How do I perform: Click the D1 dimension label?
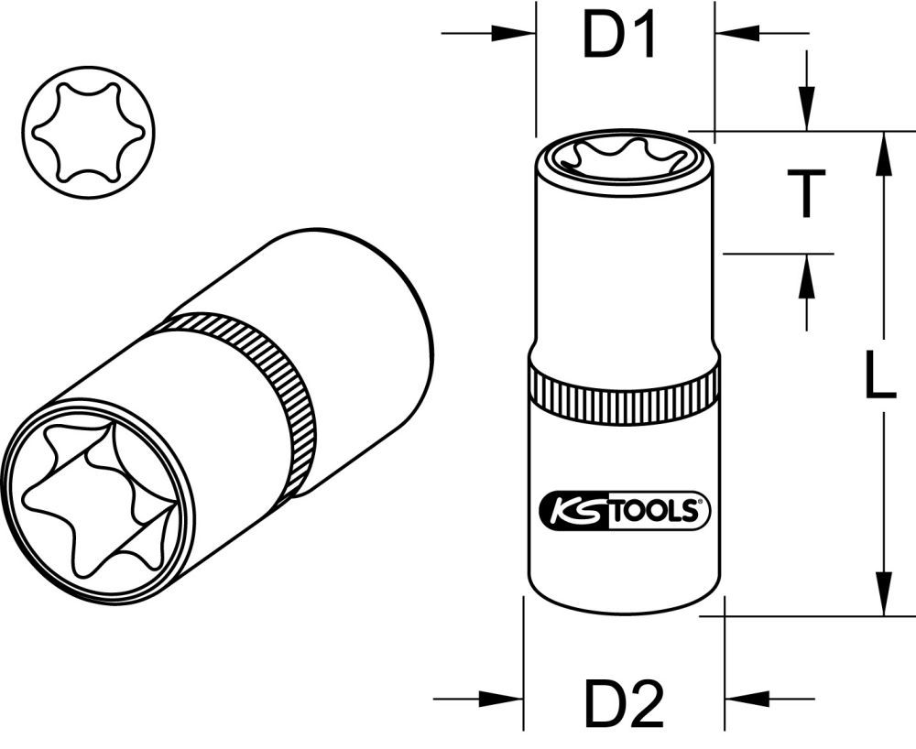pos(622,38)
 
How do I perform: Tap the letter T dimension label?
pos(806,194)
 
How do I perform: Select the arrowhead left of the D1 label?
pos(513,34)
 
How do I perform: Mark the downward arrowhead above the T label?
pos(806,110)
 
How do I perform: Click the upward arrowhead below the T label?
pos(806,276)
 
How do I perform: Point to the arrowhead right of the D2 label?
pos(746,699)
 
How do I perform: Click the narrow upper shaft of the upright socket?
pos(623,275)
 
